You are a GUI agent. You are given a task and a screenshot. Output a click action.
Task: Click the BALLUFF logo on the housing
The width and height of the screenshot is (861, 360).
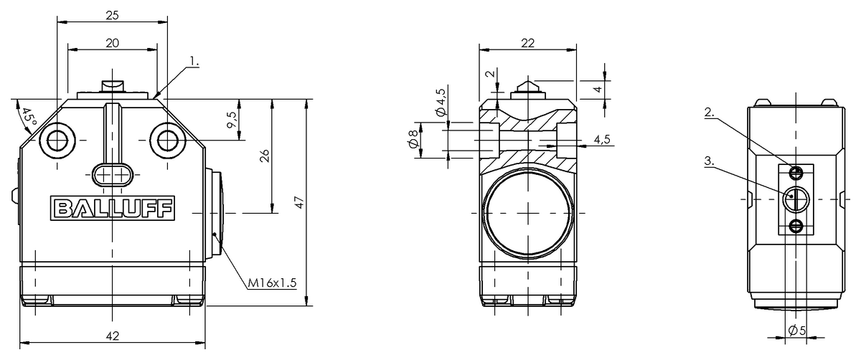coord(113,208)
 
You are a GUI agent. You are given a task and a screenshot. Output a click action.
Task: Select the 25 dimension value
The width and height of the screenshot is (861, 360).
coord(112,15)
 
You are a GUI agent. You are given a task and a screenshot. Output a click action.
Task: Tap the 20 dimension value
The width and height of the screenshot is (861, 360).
coord(112,43)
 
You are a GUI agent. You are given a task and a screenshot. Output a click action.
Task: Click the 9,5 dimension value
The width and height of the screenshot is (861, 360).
coord(232,120)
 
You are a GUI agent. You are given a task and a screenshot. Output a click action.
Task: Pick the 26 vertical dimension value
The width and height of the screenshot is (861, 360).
coord(265,156)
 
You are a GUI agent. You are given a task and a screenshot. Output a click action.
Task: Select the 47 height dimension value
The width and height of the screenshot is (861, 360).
coord(299,202)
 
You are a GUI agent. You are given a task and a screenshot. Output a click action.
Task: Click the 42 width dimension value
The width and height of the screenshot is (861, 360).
coord(113,336)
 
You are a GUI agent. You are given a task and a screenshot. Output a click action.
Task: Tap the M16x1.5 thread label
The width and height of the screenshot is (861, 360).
coord(272,283)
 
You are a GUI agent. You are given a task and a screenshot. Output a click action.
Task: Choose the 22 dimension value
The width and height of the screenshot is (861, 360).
coord(528,43)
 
